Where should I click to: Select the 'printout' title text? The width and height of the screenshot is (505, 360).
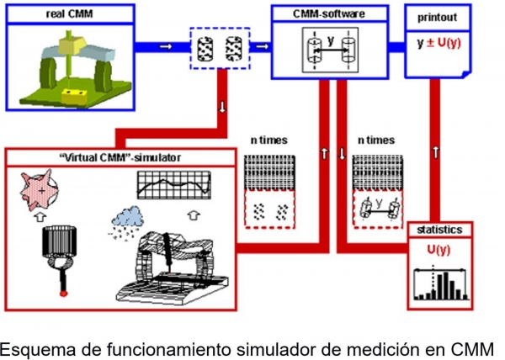coord(437,16)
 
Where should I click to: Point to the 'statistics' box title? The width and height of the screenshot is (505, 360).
coord(436,229)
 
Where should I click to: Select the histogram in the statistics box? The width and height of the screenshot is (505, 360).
coord(437,283)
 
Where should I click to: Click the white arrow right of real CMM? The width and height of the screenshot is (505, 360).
coord(165,47)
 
